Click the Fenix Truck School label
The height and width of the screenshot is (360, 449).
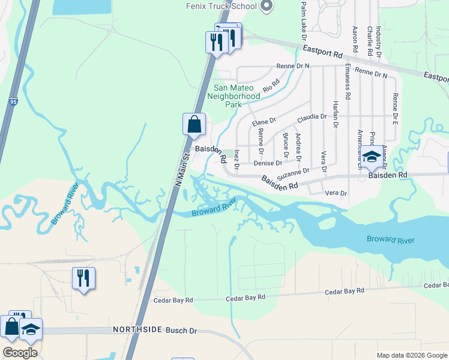click(x=220, y=7)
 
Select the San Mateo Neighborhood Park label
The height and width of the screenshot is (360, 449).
click(x=234, y=96)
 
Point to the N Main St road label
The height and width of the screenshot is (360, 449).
click(x=181, y=169)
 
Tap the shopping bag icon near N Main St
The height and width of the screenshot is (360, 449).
click(x=194, y=125)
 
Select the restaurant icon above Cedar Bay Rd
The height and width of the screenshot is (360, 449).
click(x=83, y=278)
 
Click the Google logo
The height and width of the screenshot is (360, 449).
click(x=20, y=353)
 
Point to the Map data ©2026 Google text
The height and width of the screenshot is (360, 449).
click(x=411, y=355)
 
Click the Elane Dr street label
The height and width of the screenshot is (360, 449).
click(x=264, y=121)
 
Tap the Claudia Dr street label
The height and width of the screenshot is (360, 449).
click(x=312, y=116)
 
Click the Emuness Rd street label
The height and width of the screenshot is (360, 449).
click(x=347, y=82)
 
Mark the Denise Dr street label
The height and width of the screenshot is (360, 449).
click(x=268, y=163)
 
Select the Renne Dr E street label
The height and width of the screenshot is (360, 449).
click(x=395, y=108)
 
